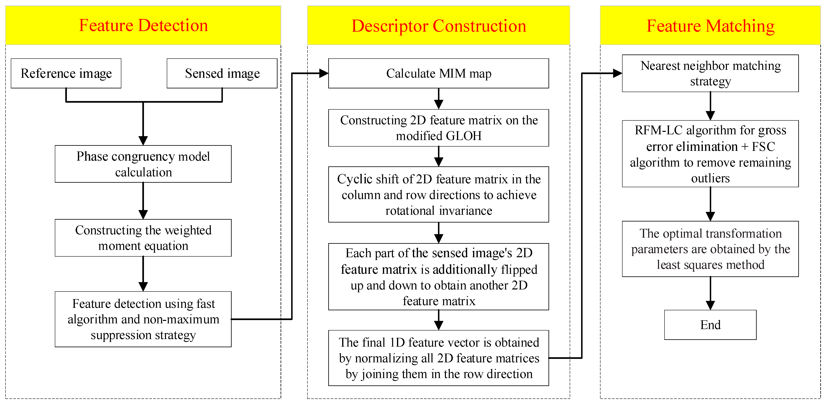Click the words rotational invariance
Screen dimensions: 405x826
pyautogui.click(x=438, y=211)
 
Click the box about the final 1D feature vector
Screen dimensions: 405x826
pyautogui.click(x=438, y=358)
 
